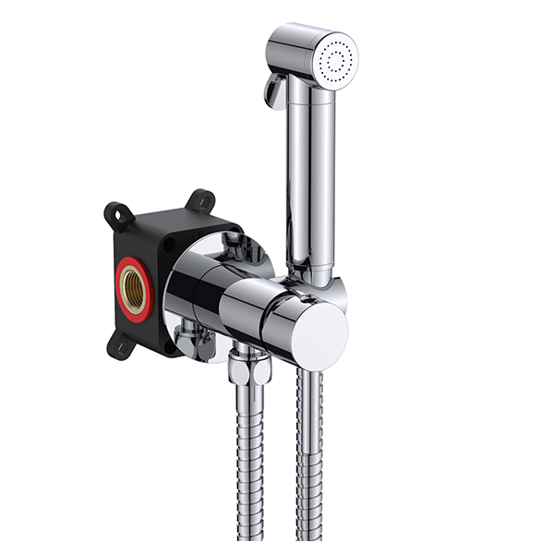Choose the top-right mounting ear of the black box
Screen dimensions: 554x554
pyautogui.click(x=200, y=200)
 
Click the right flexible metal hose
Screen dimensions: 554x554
pyautogui.click(x=309, y=462)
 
